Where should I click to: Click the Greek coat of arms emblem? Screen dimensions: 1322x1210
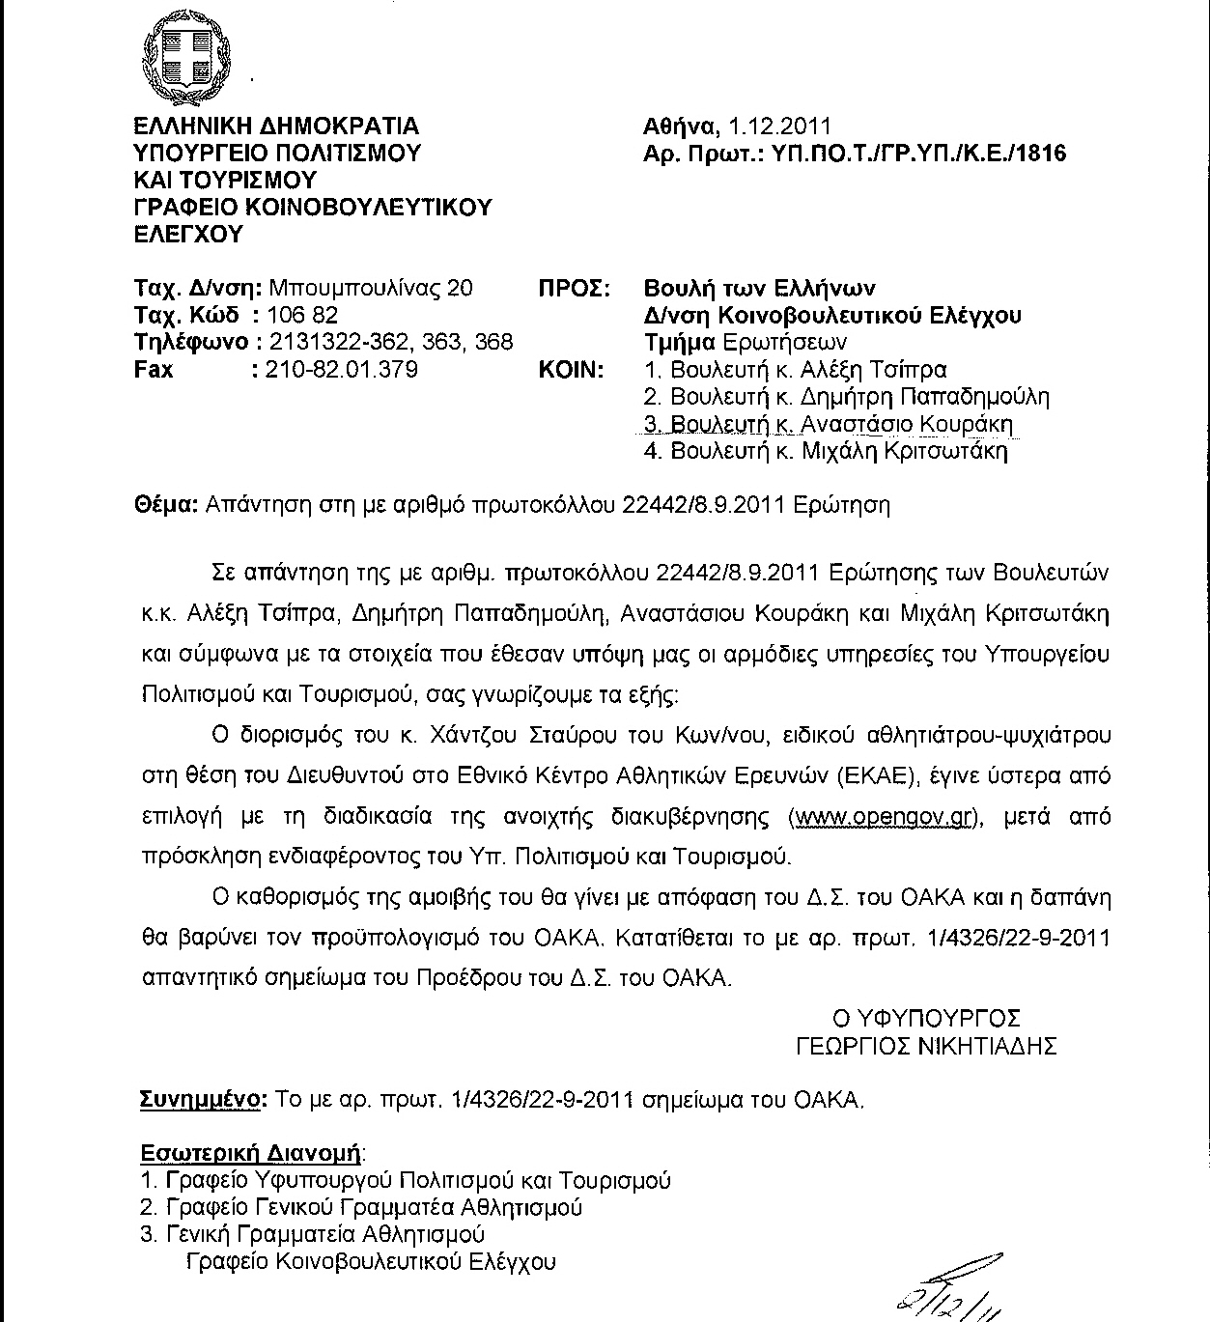point(188,55)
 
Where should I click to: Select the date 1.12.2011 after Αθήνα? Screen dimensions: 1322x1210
point(779,127)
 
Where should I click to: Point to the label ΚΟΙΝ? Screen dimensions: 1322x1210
point(571,369)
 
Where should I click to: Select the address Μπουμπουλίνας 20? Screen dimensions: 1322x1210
point(371,288)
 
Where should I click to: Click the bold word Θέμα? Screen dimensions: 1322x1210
point(165,505)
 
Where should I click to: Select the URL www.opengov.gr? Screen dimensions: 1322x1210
point(880,816)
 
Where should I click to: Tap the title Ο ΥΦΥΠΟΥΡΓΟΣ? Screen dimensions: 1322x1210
point(927,1018)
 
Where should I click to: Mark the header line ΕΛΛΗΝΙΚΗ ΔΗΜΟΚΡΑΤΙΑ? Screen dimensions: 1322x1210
point(277,127)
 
